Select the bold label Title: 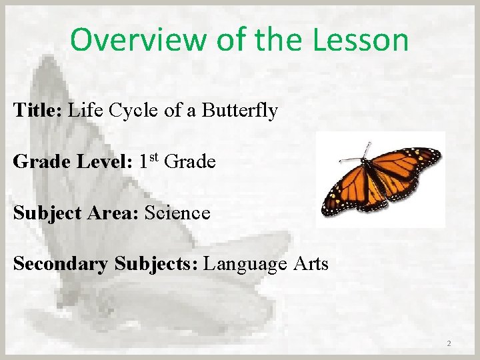click(x=38, y=111)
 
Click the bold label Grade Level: click(x=73, y=162)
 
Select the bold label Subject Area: click(x=76, y=213)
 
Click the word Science click(x=177, y=213)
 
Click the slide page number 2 click(x=449, y=343)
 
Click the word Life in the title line click(x=83, y=111)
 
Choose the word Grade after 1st click(x=189, y=162)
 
